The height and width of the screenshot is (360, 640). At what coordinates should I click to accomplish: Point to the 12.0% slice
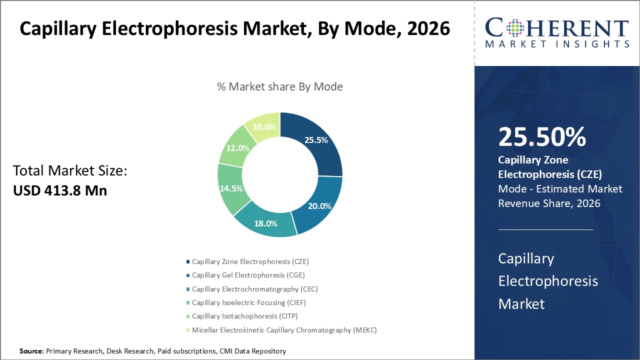pyautogui.click(x=237, y=148)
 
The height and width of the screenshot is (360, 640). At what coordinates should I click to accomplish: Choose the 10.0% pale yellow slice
pyautogui.click(x=263, y=126)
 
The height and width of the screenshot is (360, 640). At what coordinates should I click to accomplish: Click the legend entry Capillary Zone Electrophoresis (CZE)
pyautogui.click(x=253, y=261)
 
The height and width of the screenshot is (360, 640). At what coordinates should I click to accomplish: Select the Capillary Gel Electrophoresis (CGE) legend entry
pyautogui.click(x=248, y=275)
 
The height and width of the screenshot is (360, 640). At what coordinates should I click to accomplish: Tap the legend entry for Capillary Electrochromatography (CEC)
pyautogui.click(x=254, y=289)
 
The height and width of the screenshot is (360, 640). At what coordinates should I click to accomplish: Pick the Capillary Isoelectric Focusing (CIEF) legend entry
pyautogui.click(x=248, y=302)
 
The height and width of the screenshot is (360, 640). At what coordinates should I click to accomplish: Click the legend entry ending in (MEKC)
pyautogui.click(x=284, y=330)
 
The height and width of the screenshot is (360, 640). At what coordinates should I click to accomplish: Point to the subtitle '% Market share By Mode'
pyautogui.click(x=280, y=86)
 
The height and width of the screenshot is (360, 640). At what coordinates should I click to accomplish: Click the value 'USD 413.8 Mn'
pyautogui.click(x=60, y=190)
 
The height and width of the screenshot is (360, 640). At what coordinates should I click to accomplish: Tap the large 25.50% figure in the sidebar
pyautogui.click(x=542, y=137)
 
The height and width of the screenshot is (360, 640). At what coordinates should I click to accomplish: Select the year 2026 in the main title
pyautogui.click(x=428, y=29)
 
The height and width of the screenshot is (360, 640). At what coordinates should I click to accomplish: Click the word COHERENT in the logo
pyautogui.click(x=556, y=28)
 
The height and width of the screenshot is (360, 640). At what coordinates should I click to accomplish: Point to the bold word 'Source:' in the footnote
pyautogui.click(x=32, y=351)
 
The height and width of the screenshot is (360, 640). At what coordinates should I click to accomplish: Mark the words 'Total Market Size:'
pyautogui.click(x=70, y=171)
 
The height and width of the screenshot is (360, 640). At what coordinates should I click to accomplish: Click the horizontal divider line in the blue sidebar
pyautogui.click(x=545, y=229)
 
